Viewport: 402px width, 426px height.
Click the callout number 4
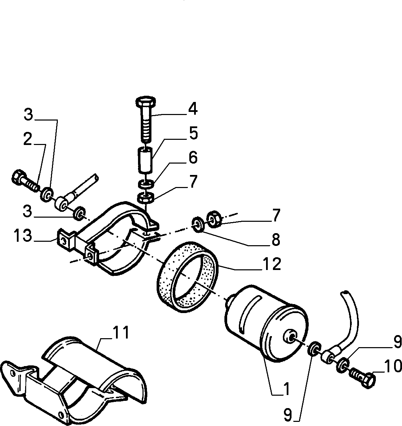[193, 109]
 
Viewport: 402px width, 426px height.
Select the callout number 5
[194, 133]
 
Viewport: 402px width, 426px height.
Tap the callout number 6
[193, 158]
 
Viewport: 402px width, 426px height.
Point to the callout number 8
[276, 240]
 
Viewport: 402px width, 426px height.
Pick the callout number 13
[23, 235]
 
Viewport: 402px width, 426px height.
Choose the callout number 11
[121, 332]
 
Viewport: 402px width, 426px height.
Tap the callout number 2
[28, 139]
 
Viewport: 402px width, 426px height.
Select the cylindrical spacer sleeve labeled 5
[145, 159]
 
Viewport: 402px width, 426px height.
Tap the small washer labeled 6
[146, 184]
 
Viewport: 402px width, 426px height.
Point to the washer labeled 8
[197, 225]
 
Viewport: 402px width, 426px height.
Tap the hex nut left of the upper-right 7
[213, 219]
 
